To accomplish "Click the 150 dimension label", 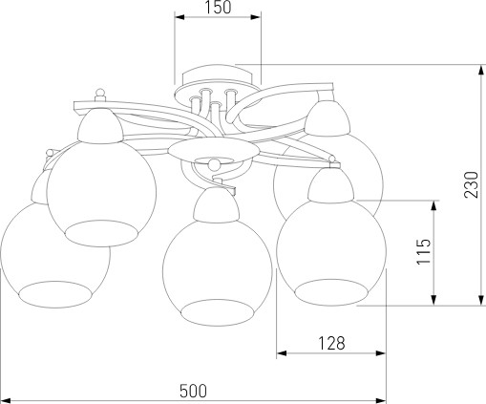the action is click(x=218, y=8).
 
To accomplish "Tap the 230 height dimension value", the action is click(x=472, y=184).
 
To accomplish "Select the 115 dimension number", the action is click(x=424, y=251).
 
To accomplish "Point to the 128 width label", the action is click(x=331, y=343).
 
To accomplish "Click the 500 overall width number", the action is click(x=193, y=391).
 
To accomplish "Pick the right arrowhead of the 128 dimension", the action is click(x=381, y=353).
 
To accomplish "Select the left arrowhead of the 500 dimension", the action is click(x=7, y=400).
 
